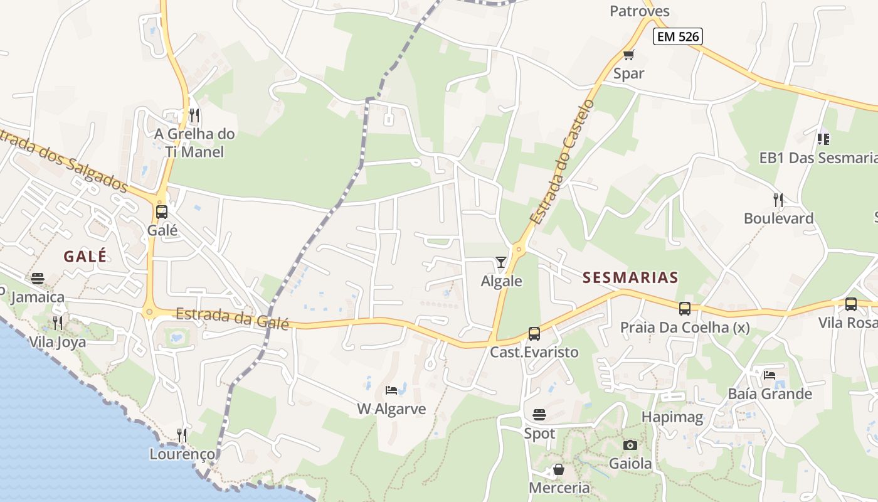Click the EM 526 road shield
[x=677, y=36]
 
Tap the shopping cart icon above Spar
[x=629, y=55]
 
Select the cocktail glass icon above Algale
[x=500, y=262]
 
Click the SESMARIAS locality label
[x=630, y=277]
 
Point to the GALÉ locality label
[x=85, y=256]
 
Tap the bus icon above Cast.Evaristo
[x=534, y=333]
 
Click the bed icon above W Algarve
[x=391, y=390]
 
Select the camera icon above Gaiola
[x=630, y=445]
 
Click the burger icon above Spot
[x=539, y=414]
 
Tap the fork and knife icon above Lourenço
[x=182, y=435]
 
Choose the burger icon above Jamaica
[x=38, y=278]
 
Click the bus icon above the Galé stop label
[x=162, y=211]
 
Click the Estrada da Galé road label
[x=232, y=319]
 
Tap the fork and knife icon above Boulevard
[x=778, y=200]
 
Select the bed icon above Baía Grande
[x=770, y=375]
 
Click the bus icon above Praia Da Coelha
[x=685, y=308]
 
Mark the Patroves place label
[x=640, y=11]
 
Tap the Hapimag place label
[x=672, y=417]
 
